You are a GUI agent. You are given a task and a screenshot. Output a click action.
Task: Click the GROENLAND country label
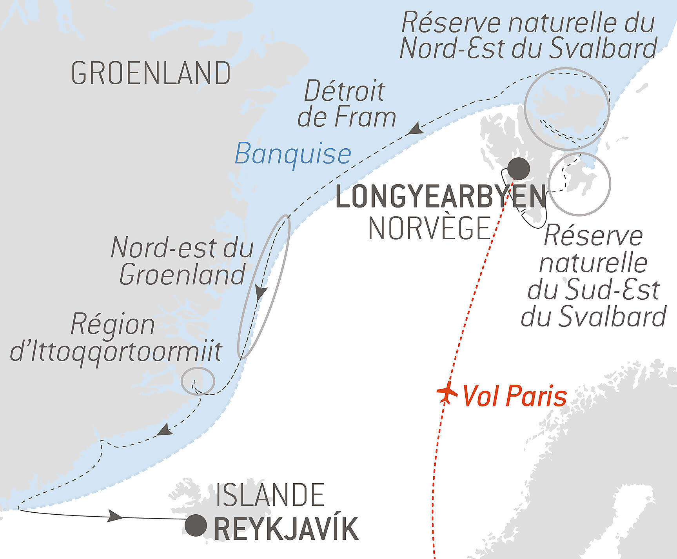click(x=151, y=73)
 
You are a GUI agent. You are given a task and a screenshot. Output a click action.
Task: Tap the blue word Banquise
click(x=293, y=154)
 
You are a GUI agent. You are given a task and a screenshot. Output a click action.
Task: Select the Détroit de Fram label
click(x=346, y=104)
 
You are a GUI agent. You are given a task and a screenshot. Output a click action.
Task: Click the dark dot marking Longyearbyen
click(x=518, y=169)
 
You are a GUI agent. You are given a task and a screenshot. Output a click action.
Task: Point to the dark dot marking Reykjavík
click(x=196, y=525)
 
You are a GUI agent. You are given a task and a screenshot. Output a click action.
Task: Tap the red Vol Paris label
click(x=515, y=396)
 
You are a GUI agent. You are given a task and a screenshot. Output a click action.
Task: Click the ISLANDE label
click(x=270, y=495)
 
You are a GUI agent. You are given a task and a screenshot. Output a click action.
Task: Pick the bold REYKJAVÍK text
click(x=286, y=529)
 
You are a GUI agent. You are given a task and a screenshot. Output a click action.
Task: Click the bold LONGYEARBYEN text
click(x=441, y=197)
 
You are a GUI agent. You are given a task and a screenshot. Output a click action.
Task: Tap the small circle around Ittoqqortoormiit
click(x=198, y=381)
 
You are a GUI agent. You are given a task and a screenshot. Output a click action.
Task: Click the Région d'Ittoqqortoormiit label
click(x=116, y=338)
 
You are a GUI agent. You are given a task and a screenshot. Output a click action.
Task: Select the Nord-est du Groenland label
click(x=182, y=261)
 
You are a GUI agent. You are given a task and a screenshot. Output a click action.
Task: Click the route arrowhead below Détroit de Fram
click(x=415, y=129)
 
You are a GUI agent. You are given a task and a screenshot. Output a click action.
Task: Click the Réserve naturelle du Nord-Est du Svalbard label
click(x=528, y=35)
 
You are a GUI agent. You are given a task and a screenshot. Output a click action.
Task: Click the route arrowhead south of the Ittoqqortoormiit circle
click(x=165, y=430)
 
